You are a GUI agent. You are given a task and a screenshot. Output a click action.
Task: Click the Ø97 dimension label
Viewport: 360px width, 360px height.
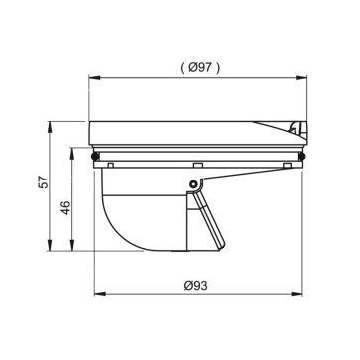[199, 68]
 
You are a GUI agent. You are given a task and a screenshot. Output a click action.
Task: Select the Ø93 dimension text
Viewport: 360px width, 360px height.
[196, 285]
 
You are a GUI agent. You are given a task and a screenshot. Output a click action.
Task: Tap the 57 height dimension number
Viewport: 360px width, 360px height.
[43, 182]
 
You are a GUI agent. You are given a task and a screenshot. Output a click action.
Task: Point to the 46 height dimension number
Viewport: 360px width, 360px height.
[66, 207]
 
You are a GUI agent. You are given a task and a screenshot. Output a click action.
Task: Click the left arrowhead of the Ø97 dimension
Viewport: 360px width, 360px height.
[95, 78]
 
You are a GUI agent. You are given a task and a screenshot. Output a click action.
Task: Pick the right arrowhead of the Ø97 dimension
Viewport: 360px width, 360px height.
[301, 78]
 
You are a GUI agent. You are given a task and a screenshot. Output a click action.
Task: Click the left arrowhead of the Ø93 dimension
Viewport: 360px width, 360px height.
[100, 294]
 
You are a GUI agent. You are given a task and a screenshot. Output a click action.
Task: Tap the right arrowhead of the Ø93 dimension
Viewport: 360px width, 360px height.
[297, 294]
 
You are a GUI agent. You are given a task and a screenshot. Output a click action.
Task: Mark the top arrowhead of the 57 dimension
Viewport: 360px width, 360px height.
[50, 127]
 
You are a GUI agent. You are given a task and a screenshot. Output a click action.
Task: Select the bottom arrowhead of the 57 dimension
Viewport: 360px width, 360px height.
[50, 245]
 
